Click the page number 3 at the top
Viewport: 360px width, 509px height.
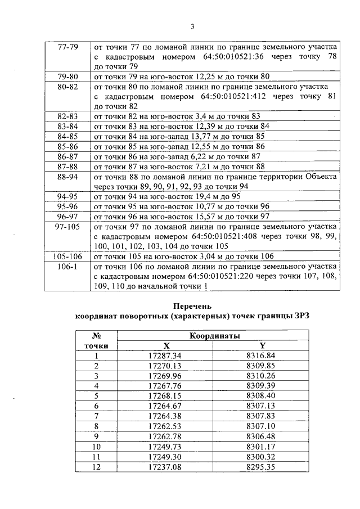[x=192, y=26]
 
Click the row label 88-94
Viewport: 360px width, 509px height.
[x=68, y=177]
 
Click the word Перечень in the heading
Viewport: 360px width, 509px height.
[x=192, y=307]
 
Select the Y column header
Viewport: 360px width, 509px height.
[x=262, y=346]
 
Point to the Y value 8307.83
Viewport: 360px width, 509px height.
[x=262, y=416]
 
